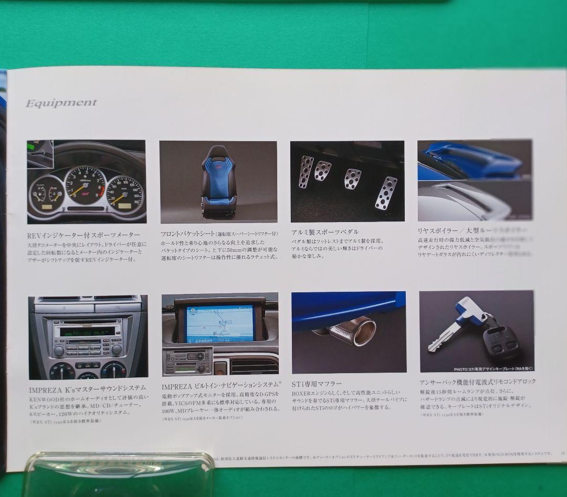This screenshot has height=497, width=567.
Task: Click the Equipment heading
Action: coord(61,103)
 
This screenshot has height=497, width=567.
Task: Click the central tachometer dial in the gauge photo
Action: coord(85,186)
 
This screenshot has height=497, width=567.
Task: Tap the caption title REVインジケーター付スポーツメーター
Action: coord(83,235)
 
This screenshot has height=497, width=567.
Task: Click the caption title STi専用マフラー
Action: coord(317,384)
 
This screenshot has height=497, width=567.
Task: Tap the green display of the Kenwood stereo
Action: coord(87,332)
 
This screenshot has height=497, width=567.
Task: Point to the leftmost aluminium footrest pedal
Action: coord(306,172)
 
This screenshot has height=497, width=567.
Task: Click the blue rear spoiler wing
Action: coord(472,157)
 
